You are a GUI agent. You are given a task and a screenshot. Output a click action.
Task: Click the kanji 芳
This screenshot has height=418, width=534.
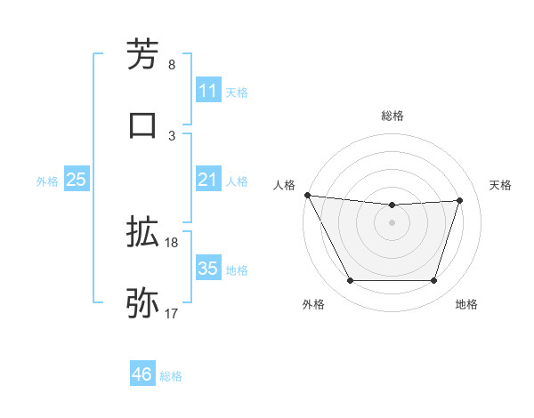click(x=142, y=54)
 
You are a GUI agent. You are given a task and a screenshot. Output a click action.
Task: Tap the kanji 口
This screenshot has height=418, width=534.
click(x=142, y=125)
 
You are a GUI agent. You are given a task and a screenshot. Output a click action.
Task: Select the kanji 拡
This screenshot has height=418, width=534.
click(x=142, y=232)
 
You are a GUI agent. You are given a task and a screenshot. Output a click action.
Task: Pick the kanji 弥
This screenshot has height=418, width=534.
click(x=142, y=303)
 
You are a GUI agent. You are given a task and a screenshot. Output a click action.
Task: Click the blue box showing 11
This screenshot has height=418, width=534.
click(x=208, y=91)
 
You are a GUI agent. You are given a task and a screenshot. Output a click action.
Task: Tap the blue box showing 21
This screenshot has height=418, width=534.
click(x=208, y=180)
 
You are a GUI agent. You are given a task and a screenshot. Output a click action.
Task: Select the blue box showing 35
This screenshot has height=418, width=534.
click(x=208, y=269)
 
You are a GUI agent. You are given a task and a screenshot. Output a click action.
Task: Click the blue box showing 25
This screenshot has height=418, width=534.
click(x=77, y=180)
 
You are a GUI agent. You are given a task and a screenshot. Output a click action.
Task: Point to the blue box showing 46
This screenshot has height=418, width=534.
click(x=142, y=374)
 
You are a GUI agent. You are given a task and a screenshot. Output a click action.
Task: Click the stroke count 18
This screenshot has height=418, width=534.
click(x=172, y=242)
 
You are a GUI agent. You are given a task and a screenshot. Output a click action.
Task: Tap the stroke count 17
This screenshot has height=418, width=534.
click(x=172, y=313)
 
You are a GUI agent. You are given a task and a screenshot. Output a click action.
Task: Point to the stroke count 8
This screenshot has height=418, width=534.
click(x=172, y=64)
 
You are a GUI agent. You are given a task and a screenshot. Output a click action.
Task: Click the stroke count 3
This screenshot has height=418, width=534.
click(x=172, y=135)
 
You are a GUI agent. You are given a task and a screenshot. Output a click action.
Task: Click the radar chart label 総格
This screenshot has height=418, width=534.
click(x=392, y=116)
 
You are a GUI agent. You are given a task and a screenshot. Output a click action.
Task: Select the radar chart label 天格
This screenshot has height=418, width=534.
click(x=500, y=185)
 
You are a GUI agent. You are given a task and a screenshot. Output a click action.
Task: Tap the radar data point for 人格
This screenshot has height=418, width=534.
click(x=307, y=195)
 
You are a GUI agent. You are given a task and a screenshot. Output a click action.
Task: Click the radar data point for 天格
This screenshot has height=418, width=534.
click(x=459, y=200)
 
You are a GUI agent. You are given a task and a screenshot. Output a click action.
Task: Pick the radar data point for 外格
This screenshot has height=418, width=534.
click(x=350, y=281)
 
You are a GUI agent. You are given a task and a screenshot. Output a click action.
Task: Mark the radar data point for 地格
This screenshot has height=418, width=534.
click(x=433, y=281)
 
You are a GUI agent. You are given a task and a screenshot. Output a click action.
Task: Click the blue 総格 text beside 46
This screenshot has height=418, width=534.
click(x=171, y=376)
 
